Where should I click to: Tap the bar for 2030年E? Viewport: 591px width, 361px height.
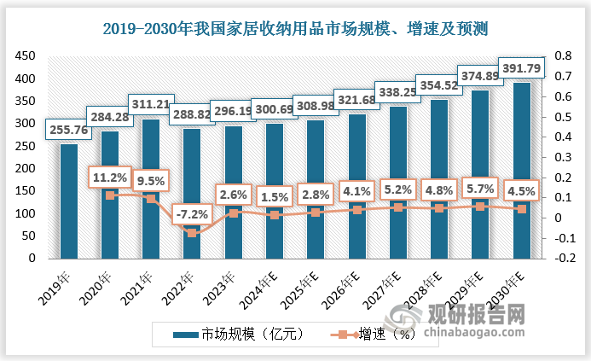point(521,171)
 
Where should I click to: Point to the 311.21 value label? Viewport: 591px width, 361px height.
point(151,107)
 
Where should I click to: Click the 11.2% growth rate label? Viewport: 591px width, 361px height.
point(110,177)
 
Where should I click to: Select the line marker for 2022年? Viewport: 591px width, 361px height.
point(192,233)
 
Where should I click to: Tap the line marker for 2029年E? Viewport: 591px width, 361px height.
point(480,207)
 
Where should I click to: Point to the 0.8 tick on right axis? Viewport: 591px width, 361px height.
point(563,56)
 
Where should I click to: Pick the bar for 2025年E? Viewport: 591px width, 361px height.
point(316,189)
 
